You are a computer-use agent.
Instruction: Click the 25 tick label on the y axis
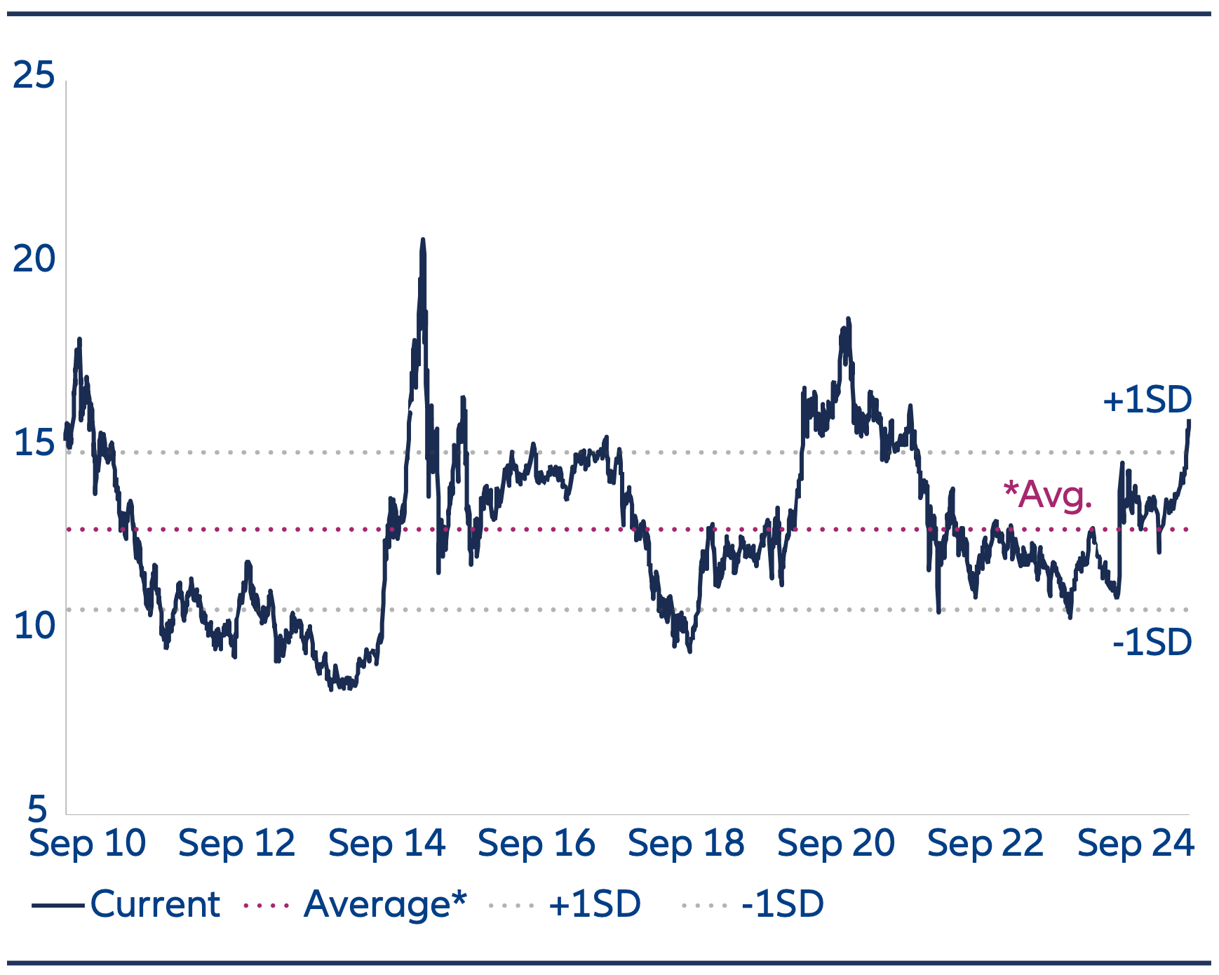33,75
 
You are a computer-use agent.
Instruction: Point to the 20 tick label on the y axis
33,259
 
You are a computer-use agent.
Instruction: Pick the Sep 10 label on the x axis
87,843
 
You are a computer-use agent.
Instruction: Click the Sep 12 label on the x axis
236,843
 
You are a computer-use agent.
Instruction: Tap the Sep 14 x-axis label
386,843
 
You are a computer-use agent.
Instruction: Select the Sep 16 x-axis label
536,843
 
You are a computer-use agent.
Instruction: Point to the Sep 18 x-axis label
686,843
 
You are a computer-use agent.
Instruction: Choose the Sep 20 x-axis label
836,843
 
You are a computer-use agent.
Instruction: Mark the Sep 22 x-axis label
985,843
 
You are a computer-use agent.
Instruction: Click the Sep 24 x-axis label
1136,843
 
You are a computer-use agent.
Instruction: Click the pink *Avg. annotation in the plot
1048,495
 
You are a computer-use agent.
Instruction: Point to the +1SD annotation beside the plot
1147,400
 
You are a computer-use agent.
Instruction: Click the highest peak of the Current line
422,240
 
